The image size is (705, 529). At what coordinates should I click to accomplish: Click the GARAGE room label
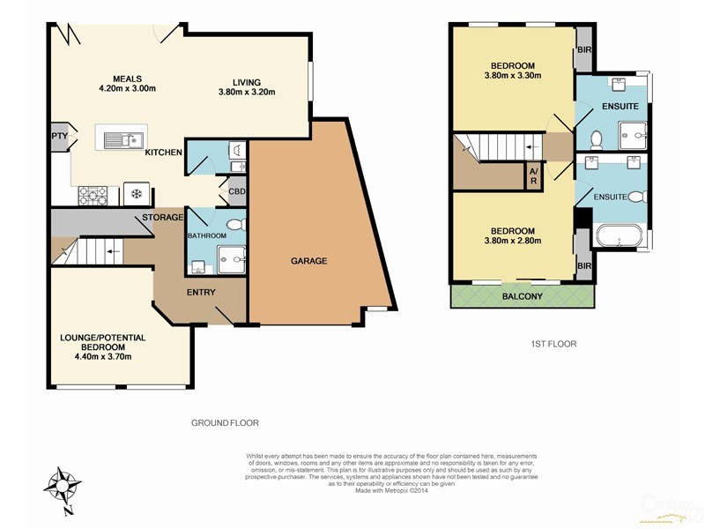[x=309, y=261]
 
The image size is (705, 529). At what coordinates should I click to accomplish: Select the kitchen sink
[x=122, y=139]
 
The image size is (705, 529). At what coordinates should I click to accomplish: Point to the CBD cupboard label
[x=236, y=191]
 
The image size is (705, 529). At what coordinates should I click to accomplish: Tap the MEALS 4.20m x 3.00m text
[x=127, y=84]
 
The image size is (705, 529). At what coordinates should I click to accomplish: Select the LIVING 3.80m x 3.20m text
[x=248, y=86]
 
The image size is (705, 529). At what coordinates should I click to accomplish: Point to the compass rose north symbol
[x=65, y=486]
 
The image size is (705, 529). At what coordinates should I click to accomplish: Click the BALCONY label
[x=523, y=296]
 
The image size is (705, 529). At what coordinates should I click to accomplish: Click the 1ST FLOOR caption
[x=553, y=344]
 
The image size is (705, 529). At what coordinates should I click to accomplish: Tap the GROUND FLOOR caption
[x=225, y=423]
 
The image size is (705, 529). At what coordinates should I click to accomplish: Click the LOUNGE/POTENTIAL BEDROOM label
[x=103, y=346]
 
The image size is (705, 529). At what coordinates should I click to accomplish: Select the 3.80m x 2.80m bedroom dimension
[x=511, y=240]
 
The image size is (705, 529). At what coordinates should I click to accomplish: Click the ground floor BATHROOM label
[x=207, y=235]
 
